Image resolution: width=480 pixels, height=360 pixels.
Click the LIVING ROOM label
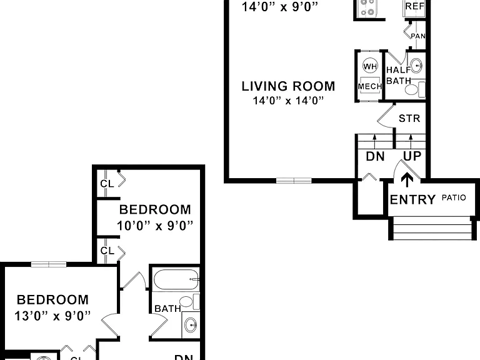tap(288, 86)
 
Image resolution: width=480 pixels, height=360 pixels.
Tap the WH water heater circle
tap(370, 66)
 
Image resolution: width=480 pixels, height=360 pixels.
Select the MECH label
tap(370, 87)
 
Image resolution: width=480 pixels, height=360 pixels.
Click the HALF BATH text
tap(399, 75)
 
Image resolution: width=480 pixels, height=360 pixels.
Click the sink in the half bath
tap(416, 65)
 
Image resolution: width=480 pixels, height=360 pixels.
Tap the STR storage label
tap(409, 119)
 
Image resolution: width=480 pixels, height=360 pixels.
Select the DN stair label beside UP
tap(375, 157)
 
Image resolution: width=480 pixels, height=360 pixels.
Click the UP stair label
tap(412, 156)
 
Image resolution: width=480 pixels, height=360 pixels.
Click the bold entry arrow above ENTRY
tap(407, 180)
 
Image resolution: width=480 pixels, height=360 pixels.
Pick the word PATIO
tap(454, 197)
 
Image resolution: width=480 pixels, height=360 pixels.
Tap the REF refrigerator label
tap(415, 6)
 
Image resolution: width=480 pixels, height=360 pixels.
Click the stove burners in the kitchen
tap(367, 7)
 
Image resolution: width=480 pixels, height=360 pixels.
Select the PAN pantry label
tap(418, 36)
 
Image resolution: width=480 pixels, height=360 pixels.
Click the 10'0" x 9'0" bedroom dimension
tap(155, 226)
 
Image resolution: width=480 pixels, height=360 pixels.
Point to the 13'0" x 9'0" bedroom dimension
tap(52, 316)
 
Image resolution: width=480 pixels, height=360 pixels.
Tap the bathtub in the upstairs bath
tap(176, 279)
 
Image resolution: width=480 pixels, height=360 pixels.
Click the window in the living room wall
tap(294, 181)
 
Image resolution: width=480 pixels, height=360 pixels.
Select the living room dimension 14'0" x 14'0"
tap(288, 101)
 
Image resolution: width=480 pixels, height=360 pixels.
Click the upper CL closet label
tap(107, 184)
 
